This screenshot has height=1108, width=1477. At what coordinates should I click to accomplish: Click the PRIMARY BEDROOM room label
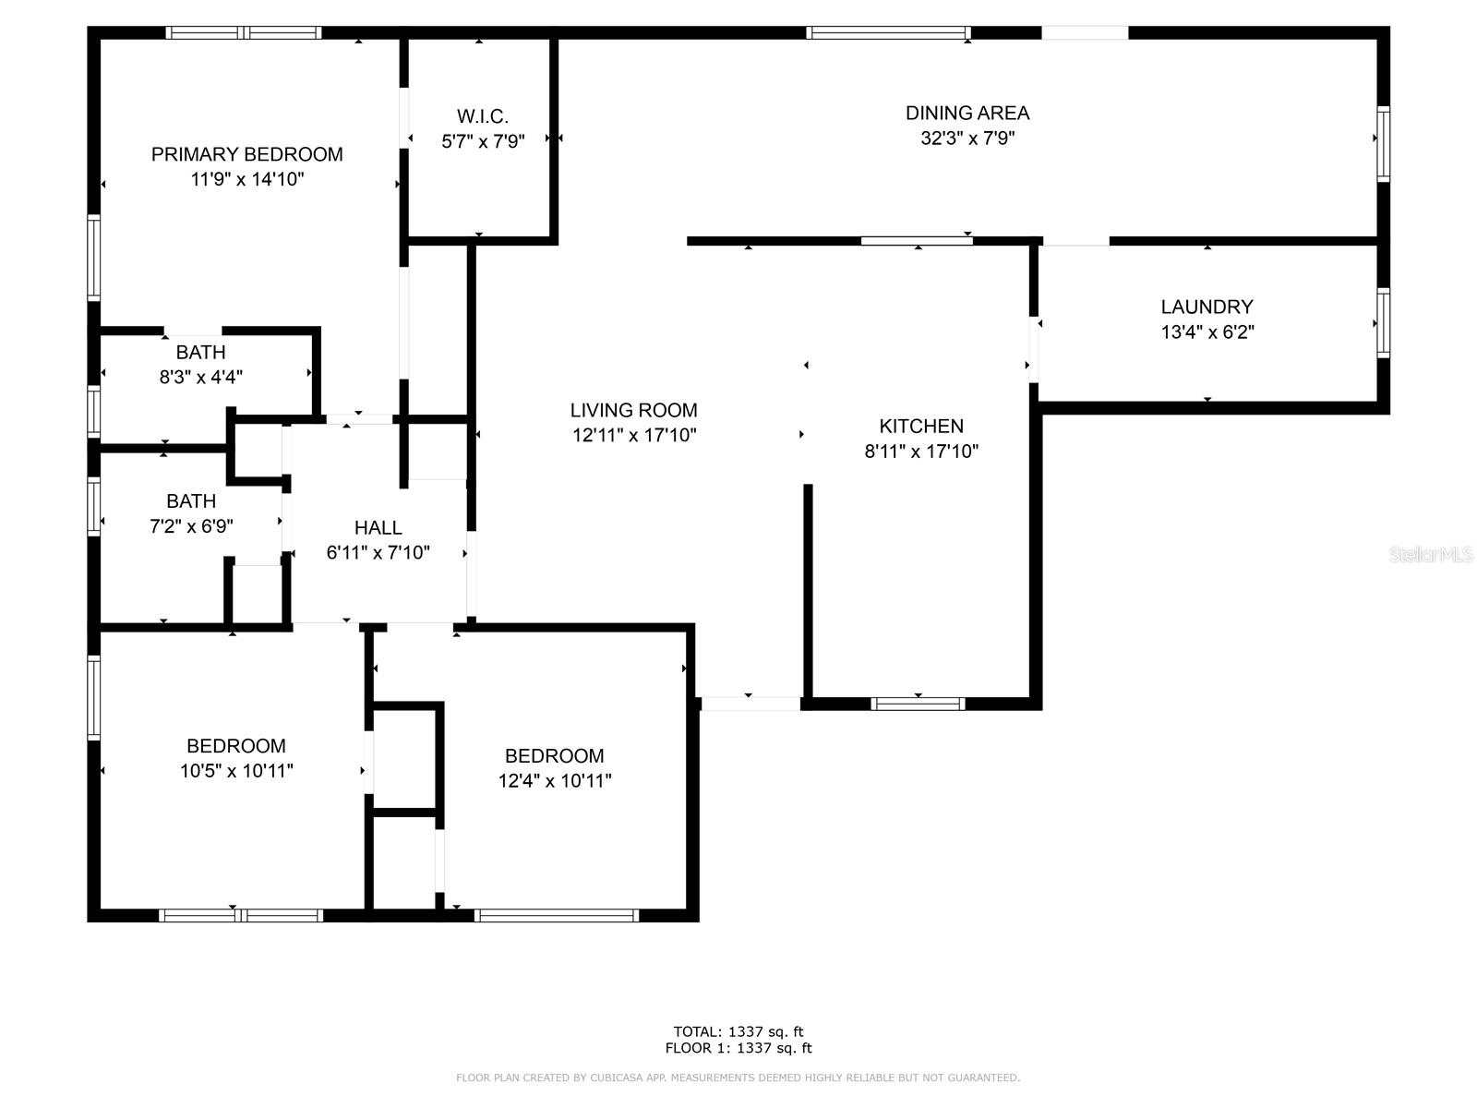(247, 155)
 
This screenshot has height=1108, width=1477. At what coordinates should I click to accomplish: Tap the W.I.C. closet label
(483, 116)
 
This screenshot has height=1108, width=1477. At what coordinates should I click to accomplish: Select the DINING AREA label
(967, 113)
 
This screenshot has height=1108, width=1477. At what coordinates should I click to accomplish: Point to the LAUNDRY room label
(1207, 307)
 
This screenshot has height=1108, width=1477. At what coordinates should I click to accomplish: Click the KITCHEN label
(921, 426)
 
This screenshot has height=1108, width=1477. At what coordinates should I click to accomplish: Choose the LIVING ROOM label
(634, 410)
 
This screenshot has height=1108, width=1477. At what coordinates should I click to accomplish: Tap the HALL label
(378, 527)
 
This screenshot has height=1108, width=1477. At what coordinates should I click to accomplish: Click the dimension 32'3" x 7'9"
(967, 138)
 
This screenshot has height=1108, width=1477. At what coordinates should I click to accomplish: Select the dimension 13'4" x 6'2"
(1207, 331)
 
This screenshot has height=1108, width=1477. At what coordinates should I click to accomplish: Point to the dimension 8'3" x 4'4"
(200, 377)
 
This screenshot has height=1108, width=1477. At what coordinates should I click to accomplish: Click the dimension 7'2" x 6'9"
(191, 526)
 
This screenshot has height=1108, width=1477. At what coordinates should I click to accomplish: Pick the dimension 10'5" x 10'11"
(236, 771)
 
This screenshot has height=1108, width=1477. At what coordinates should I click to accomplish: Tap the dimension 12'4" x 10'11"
(555, 781)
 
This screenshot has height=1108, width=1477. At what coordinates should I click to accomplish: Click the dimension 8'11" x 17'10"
(921, 452)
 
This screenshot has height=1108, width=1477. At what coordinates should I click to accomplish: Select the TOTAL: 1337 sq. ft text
(738, 1032)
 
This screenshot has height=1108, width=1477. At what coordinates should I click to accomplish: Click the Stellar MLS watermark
(1431, 554)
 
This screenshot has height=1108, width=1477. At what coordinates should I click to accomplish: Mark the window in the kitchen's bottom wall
(918, 705)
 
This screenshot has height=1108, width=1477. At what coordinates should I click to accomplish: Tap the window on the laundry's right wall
(1383, 323)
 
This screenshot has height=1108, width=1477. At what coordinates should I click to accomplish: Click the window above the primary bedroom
(244, 32)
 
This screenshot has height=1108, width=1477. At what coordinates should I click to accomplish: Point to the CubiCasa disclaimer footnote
(738, 1078)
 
